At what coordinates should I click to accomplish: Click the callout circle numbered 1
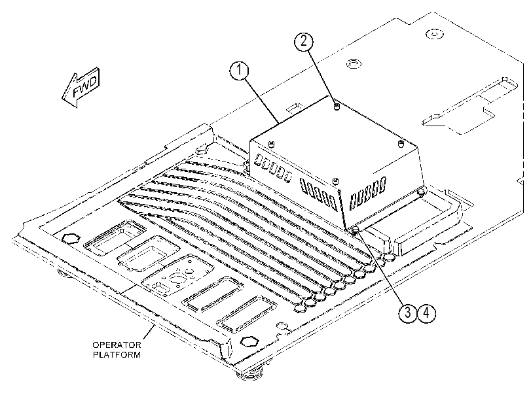[239, 71]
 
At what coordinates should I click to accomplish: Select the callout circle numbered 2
[303, 41]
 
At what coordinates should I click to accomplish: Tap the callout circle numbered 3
[407, 313]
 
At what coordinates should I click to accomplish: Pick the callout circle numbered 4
[426, 313]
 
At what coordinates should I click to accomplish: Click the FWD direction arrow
[81, 88]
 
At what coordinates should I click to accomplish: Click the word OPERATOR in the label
[117, 345]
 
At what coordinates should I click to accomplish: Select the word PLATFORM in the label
[117, 355]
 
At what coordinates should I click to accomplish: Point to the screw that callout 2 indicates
[337, 107]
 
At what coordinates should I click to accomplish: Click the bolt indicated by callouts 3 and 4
[356, 230]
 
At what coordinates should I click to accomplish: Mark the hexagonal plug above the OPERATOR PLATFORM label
[249, 341]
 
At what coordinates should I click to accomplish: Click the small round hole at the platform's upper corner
[435, 34]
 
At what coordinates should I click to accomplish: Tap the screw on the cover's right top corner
[401, 143]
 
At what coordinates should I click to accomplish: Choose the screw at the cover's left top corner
[271, 144]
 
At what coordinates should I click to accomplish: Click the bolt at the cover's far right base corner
[421, 192]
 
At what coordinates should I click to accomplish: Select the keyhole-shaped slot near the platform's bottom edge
[284, 328]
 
